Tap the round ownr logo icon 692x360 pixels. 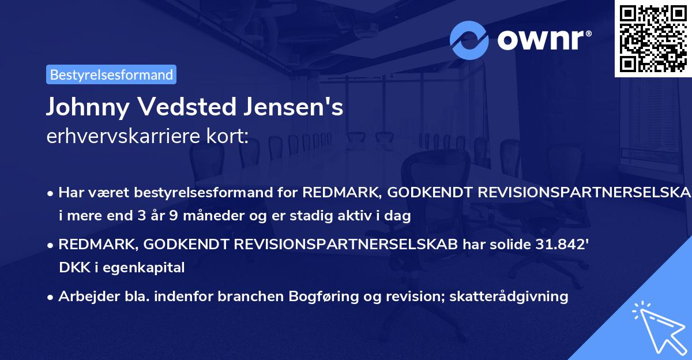tap(469, 40)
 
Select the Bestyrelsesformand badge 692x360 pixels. tap(111, 74)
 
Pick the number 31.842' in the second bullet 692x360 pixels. tap(559, 244)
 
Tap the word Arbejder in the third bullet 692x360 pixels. tap(84, 297)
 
